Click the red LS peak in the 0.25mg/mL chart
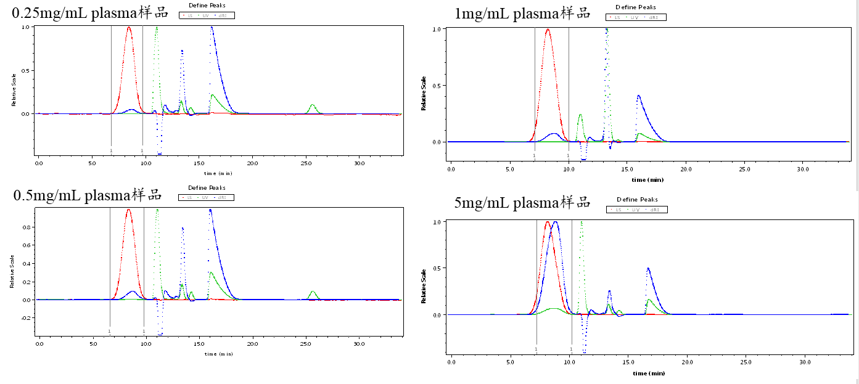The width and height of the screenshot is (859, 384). (x=129, y=28)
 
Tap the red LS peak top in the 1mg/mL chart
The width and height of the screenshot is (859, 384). (x=548, y=30)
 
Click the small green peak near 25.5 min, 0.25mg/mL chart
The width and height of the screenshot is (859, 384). (x=313, y=106)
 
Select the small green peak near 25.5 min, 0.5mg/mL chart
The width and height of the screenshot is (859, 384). (x=313, y=292)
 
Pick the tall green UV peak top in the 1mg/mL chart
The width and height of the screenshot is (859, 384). (x=607, y=30)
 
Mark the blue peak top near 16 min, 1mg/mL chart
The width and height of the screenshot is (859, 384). (x=638, y=96)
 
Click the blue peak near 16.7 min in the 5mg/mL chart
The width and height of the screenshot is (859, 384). (x=647, y=269)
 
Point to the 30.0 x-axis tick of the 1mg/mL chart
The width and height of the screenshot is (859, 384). (x=803, y=168)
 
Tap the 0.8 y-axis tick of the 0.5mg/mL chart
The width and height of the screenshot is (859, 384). (x=27, y=227)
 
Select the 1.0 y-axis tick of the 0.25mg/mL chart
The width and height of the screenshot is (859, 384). (x=27, y=27)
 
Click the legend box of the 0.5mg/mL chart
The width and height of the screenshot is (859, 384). (x=207, y=197)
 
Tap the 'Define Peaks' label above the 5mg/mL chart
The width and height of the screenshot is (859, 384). (x=637, y=200)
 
